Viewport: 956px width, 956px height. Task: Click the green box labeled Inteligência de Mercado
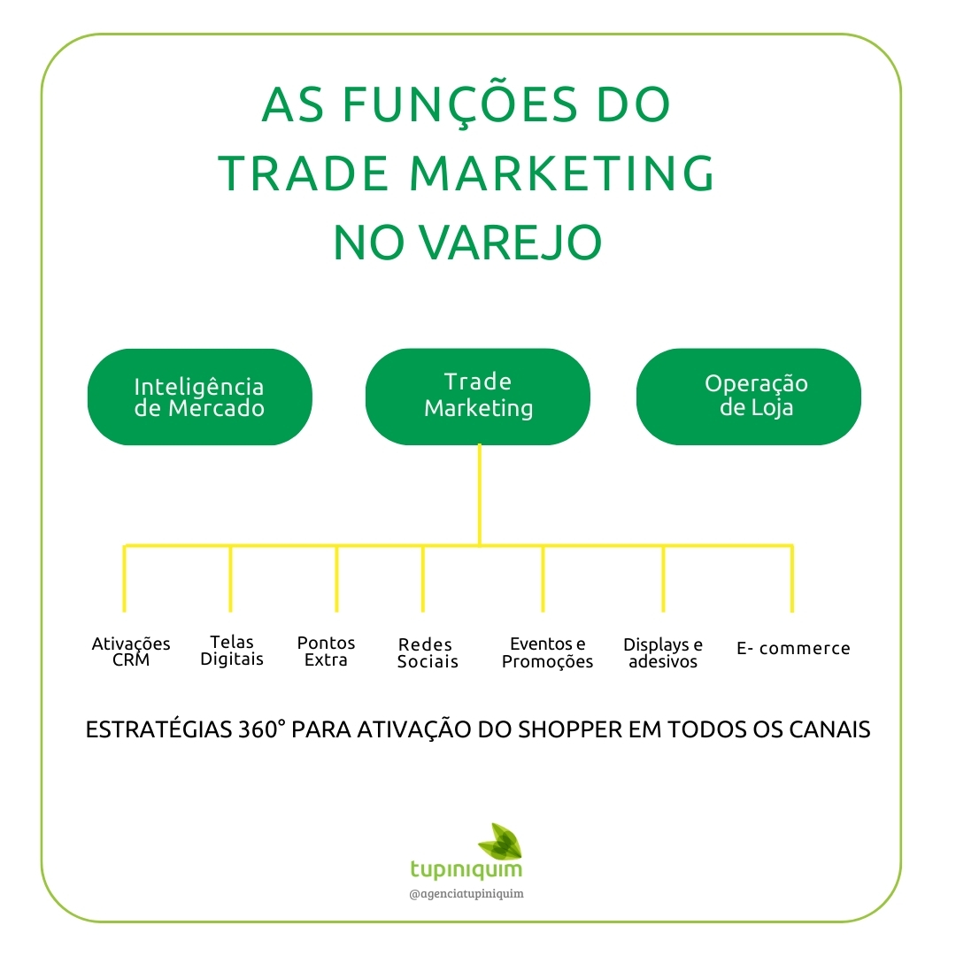199,397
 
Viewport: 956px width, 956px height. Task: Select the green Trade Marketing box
478,396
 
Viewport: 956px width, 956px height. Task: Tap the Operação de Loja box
749,396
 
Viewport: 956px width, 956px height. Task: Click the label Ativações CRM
131,652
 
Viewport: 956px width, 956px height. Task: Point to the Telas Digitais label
232,651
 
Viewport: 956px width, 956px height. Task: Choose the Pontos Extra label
326,651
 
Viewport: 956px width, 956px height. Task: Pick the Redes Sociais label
428,653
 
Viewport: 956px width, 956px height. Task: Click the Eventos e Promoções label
547,652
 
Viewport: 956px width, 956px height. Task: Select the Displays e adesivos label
663,653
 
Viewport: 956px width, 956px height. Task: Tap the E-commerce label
793,649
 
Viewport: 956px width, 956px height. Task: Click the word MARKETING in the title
560,173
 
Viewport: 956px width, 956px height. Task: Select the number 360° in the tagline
260,730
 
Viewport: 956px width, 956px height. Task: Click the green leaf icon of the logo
499,841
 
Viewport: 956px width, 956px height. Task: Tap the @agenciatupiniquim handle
466,894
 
